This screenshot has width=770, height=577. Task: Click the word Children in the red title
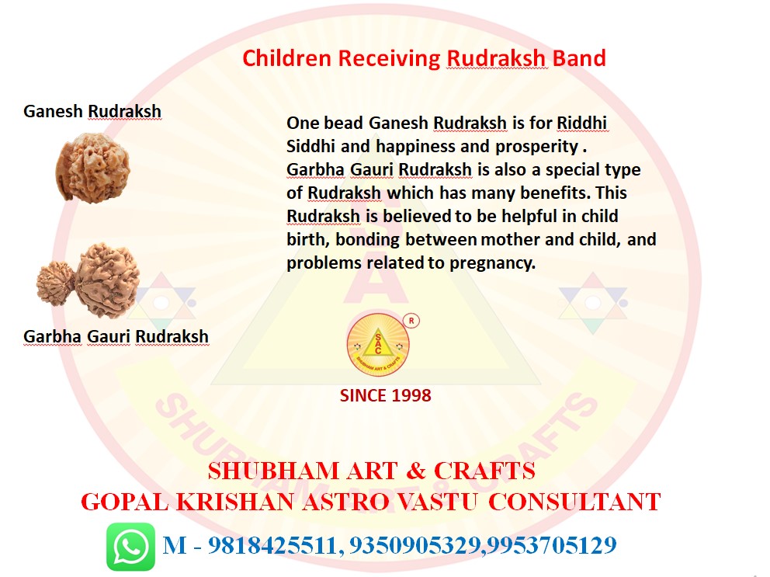[x=286, y=58]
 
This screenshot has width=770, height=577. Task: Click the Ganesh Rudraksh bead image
[x=93, y=167]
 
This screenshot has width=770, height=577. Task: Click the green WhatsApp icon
[x=130, y=547]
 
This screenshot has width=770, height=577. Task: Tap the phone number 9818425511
[x=272, y=545]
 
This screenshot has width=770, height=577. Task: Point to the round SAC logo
[x=378, y=345]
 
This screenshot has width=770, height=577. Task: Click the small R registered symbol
[x=411, y=321]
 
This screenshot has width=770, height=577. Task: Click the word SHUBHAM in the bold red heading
[x=273, y=471]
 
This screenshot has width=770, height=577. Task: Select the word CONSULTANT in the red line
[x=574, y=502]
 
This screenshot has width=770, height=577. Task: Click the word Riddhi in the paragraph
[x=582, y=123]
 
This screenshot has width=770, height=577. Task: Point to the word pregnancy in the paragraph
[x=492, y=264]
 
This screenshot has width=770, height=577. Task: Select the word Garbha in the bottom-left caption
[x=53, y=337]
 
